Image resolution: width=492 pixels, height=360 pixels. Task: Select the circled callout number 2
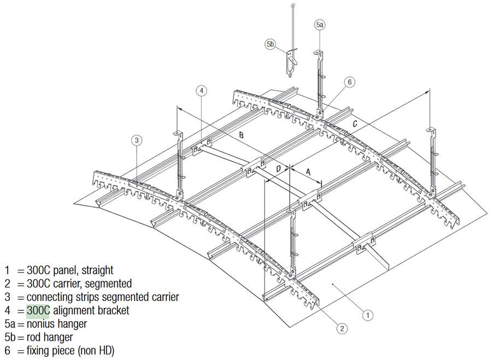pyautogui.click(x=341, y=328)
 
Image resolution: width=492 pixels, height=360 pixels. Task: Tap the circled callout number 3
pyautogui.click(x=137, y=140)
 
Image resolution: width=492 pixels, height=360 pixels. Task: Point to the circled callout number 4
pyautogui.click(x=202, y=91)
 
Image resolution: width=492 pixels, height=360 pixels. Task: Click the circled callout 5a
pyautogui.click(x=320, y=25)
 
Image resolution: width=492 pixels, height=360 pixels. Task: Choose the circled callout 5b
pyautogui.click(x=271, y=45)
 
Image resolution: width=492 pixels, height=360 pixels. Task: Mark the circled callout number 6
pyautogui.click(x=350, y=82)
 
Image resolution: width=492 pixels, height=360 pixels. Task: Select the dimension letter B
pyautogui.click(x=241, y=134)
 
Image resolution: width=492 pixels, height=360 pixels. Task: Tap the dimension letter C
pyautogui.click(x=355, y=125)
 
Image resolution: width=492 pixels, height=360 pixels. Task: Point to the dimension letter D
pyautogui.click(x=278, y=169)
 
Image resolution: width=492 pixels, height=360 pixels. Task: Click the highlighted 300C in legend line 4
pyautogui.click(x=38, y=310)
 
